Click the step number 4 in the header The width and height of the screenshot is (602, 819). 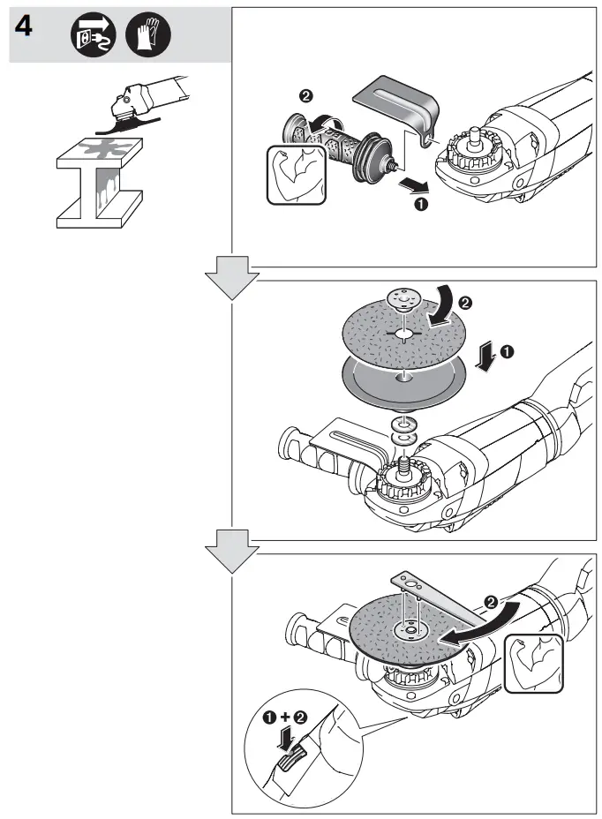(24, 28)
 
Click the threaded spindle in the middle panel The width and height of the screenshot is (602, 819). (404, 462)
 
